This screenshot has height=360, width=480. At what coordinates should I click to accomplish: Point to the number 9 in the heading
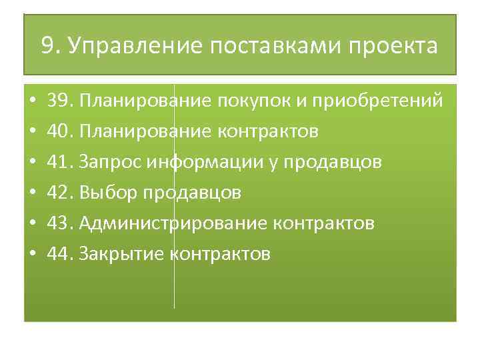click(x=47, y=46)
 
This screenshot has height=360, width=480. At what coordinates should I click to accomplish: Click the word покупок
click(x=253, y=101)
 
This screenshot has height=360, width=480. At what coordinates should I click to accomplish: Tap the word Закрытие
click(x=122, y=254)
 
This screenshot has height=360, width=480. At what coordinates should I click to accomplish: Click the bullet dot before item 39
click(x=33, y=101)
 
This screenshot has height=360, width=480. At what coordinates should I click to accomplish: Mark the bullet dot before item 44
click(x=33, y=255)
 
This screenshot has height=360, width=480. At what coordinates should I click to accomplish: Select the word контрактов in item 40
click(x=267, y=131)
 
